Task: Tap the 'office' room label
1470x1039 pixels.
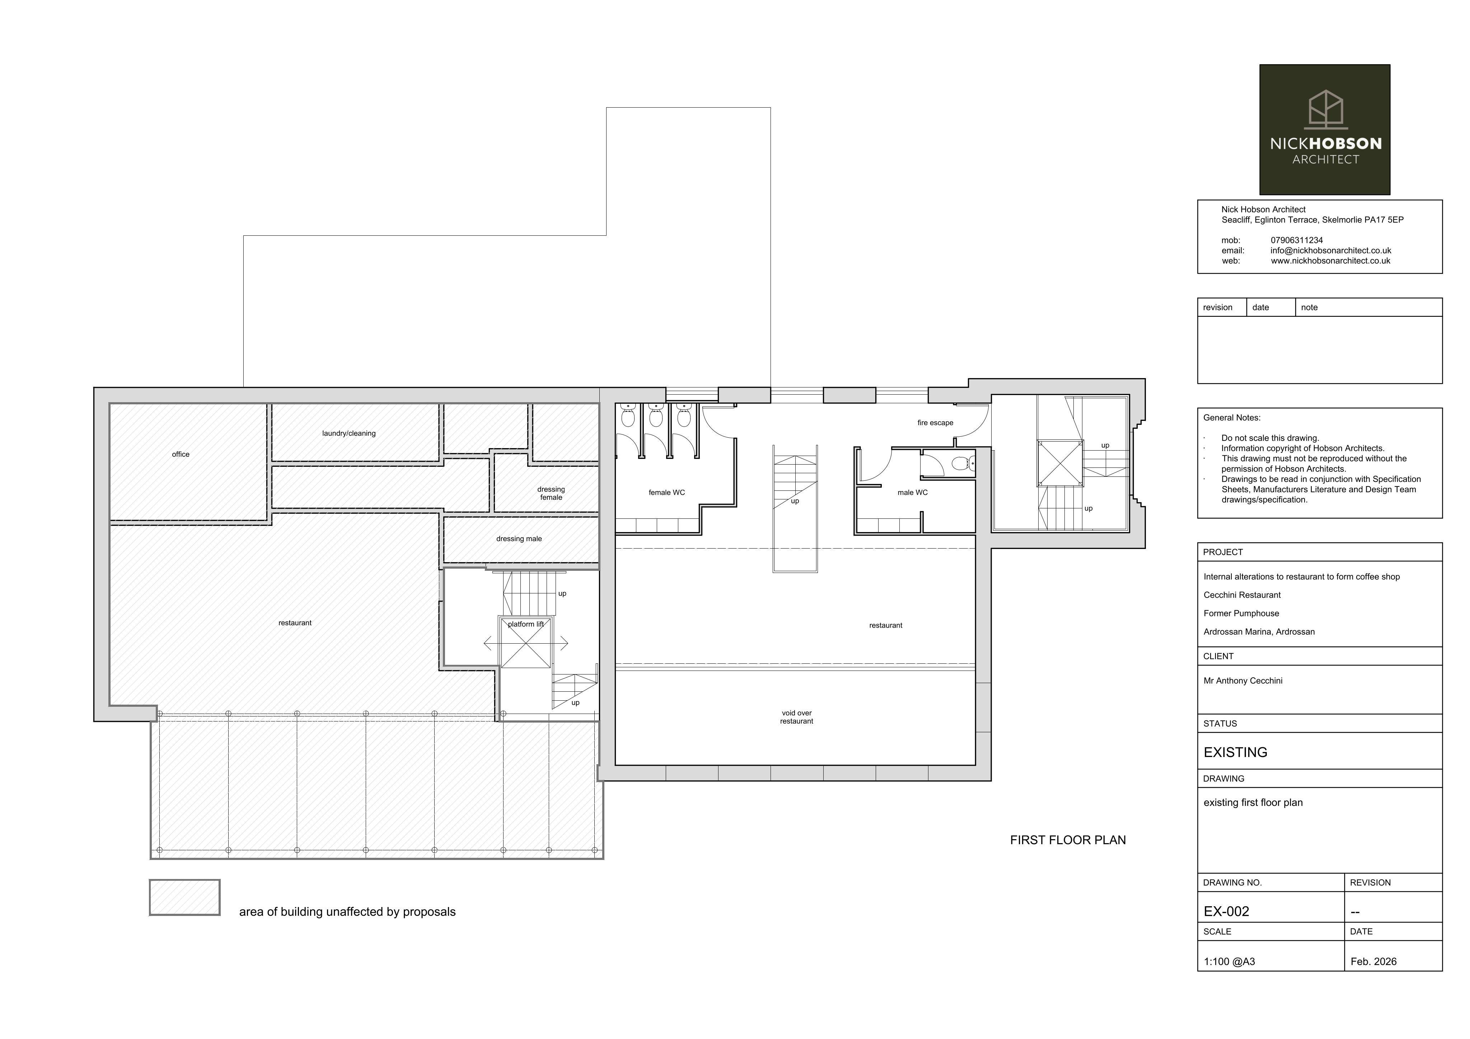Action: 181,455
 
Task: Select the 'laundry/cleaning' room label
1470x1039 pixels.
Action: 349,433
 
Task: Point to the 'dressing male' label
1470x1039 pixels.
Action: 519,539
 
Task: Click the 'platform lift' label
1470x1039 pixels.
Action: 526,624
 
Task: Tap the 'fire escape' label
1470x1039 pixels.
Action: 935,423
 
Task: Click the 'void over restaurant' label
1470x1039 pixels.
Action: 796,717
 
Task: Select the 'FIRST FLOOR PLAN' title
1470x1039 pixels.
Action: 1068,840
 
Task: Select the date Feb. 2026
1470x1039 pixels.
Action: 1373,962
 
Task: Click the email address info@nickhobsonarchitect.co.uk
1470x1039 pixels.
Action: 1330,250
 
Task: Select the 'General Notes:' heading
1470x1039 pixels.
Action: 1232,417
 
